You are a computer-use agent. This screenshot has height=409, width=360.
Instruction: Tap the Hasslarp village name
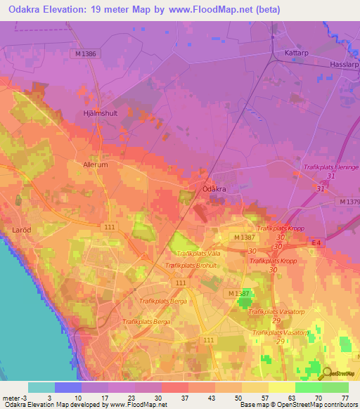(x=345, y=64)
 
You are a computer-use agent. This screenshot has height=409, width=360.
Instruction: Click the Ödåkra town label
(x=213, y=189)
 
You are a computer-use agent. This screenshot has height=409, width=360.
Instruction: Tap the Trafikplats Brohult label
(x=190, y=266)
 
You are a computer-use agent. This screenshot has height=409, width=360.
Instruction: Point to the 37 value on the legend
(x=186, y=397)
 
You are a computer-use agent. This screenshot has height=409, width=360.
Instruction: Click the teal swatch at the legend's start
(x=41, y=387)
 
